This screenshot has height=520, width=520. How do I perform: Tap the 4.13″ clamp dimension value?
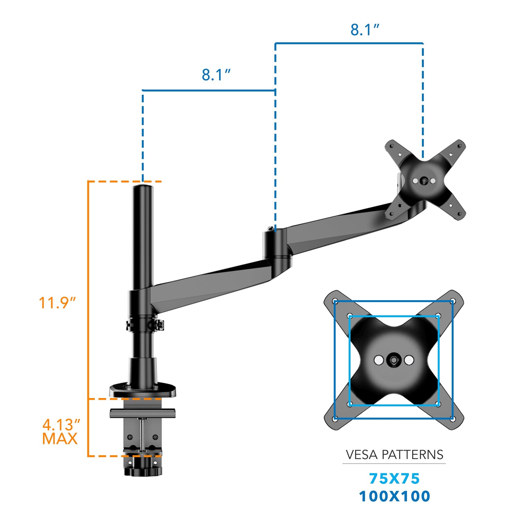[x=61, y=425]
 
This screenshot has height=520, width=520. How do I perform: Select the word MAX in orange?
[x=60, y=439]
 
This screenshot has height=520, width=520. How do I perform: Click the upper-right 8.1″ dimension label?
[x=365, y=30]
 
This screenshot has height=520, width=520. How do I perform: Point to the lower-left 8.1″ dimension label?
[x=216, y=75]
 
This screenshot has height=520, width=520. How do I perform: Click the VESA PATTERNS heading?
[x=395, y=454]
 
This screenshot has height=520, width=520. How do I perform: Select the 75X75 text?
[x=395, y=479]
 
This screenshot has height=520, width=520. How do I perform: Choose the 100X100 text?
[x=395, y=496]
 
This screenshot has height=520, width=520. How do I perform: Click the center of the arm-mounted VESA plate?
[x=424, y=181]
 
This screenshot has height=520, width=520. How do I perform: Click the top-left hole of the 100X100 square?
[x=335, y=301]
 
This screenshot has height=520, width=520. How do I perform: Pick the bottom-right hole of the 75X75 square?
[x=437, y=404]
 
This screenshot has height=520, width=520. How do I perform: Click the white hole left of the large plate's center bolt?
[x=379, y=360]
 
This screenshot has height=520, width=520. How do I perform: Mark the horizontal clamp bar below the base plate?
[x=142, y=413]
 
